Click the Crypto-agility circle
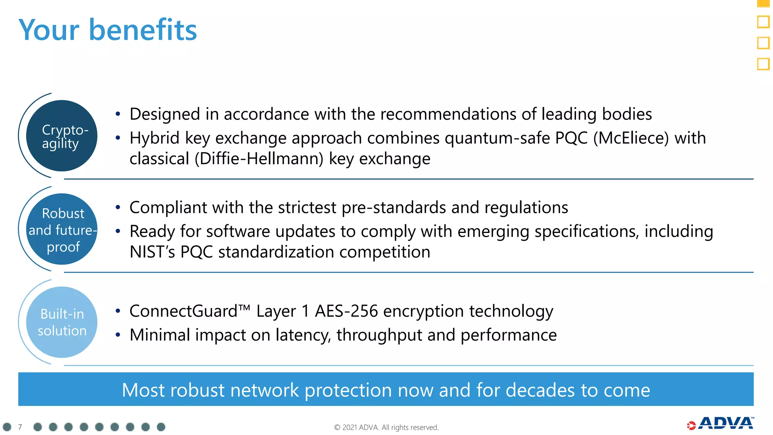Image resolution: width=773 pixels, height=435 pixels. point(62,136)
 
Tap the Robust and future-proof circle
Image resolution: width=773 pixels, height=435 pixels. point(62,229)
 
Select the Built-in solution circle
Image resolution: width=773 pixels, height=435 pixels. point(62,322)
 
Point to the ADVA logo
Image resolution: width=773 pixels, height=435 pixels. point(721,424)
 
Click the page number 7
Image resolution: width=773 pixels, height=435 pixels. point(20,427)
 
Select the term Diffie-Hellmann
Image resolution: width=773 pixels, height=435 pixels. point(259,159)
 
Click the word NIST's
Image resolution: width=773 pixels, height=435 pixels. point(152,252)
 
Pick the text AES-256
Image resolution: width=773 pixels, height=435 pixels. point(346,312)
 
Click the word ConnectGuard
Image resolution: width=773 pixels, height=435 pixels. point(183,312)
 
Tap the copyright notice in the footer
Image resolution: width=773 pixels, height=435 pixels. point(386,427)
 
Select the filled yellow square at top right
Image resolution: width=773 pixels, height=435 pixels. point(763,3)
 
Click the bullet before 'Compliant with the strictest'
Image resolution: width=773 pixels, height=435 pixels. point(118,207)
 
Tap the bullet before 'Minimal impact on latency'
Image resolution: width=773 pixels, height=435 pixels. point(118,335)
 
